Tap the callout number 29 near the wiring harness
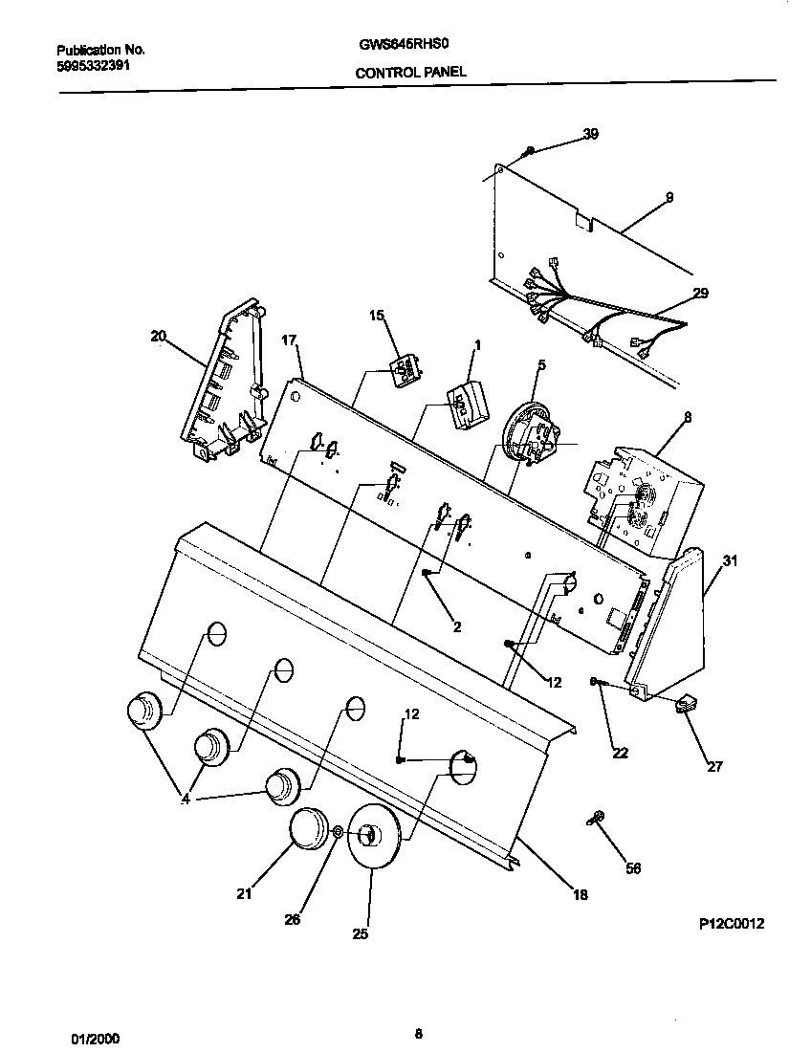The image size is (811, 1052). (x=700, y=293)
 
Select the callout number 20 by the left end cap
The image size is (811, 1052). (x=158, y=336)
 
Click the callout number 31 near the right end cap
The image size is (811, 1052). (x=730, y=561)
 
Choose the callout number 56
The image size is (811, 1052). (x=632, y=868)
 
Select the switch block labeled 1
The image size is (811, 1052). (x=466, y=404)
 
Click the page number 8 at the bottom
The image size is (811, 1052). (x=419, y=1032)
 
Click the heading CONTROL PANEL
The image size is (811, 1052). (x=411, y=72)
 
